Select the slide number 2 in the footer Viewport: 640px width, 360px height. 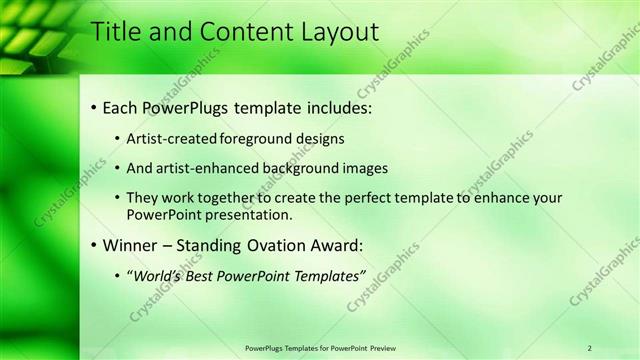tap(590, 347)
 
